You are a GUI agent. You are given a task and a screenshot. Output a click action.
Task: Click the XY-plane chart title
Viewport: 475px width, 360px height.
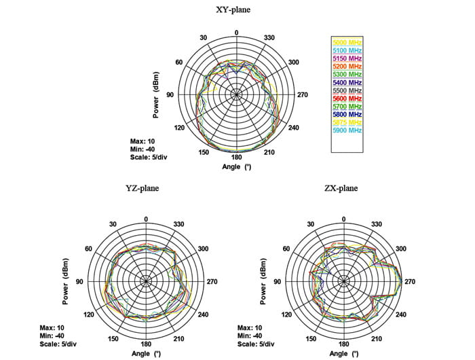236,10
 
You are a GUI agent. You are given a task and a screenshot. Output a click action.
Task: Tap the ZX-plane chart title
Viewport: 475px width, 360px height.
343,189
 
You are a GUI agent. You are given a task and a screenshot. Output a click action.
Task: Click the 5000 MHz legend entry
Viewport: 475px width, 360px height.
347,43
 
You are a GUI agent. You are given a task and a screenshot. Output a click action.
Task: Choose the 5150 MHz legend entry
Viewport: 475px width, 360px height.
347,59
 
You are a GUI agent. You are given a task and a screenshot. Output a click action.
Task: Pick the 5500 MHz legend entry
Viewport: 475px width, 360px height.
347,90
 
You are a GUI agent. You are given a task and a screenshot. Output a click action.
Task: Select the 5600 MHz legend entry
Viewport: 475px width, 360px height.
347,98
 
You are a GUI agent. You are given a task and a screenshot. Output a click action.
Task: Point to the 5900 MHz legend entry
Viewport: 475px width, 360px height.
347,130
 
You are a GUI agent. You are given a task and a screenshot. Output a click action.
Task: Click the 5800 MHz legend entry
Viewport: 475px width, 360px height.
347,114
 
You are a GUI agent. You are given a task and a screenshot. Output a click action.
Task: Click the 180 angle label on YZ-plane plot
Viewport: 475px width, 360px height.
146,345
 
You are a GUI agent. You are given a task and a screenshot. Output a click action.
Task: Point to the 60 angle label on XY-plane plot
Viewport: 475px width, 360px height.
180,62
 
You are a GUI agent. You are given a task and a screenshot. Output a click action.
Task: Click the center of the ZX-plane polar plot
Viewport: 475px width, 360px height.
343,281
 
